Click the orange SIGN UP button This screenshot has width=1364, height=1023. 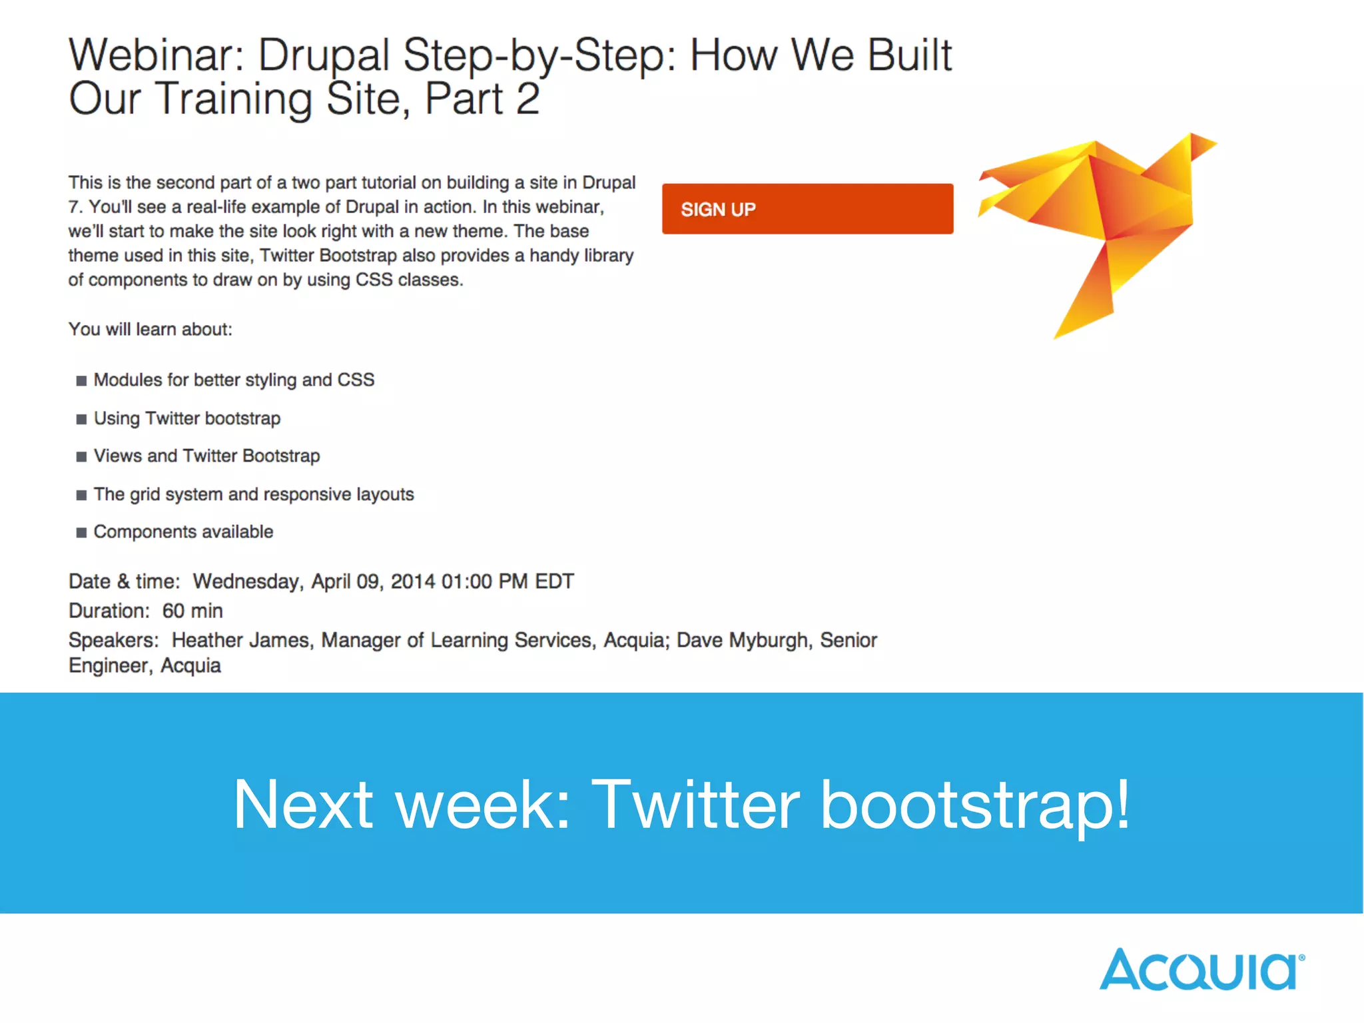807,208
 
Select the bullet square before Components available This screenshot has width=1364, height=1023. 81,532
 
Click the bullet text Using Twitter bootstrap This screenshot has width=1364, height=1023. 187,418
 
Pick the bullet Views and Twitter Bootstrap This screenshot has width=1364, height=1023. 206,456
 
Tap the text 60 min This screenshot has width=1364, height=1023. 192,611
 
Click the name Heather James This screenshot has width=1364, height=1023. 241,640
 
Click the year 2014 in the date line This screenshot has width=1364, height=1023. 412,581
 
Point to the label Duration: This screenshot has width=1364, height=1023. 109,611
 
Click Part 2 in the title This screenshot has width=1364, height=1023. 482,99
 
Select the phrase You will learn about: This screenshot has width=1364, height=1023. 151,330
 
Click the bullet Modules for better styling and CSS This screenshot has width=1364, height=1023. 234,380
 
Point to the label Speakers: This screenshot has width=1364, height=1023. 113,640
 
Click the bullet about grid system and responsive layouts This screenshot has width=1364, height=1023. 254,494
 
